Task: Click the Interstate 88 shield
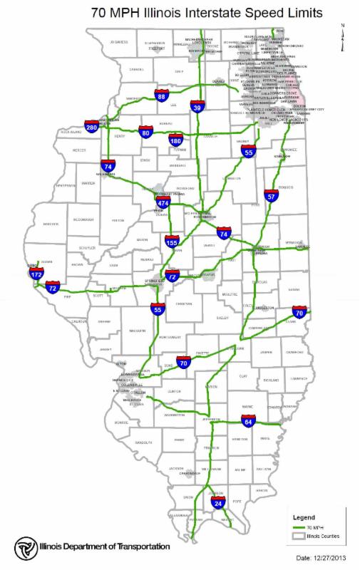(x=162, y=95)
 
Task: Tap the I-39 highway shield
(x=198, y=107)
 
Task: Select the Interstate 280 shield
(x=91, y=126)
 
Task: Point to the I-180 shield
(x=177, y=140)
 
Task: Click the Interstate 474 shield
(x=163, y=204)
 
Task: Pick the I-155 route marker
(x=172, y=242)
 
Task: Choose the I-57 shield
(x=270, y=195)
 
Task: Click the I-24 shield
(x=218, y=503)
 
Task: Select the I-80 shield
(x=146, y=132)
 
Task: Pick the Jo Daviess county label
(x=118, y=42)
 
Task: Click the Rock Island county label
(x=71, y=132)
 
